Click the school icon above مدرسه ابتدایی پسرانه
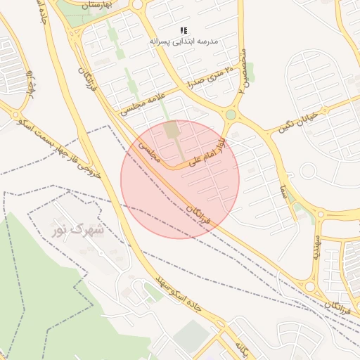click(x=184, y=30)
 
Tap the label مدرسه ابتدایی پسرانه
click(x=184, y=41)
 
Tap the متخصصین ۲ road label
click(x=243, y=71)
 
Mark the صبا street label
click(x=281, y=188)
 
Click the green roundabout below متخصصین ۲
click(x=231, y=115)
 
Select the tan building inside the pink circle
click(x=172, y=130)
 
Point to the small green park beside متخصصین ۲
click(x=250, y=70)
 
